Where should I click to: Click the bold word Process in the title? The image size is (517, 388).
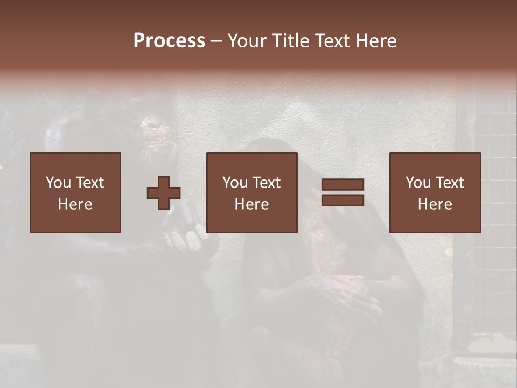pyautogui.click(x=169, y=41)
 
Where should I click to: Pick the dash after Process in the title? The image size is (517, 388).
pyautogui.click(x=216, y=41)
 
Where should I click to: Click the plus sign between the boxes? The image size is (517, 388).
pyautogui.click(x=164, y=193)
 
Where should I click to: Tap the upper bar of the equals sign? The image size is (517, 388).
pyautogui.click(x=343, y=184)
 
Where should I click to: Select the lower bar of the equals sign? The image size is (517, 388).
pyautogui.click(x=343, y=200)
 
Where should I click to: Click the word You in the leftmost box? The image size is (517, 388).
pyautogui.click(x=58, y=183)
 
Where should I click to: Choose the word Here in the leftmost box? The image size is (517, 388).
pyautogui.click(x=75, y=204)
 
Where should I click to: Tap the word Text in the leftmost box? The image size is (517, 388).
pyautogui.click(x=89, y=183)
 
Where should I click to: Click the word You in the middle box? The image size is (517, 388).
pyautogui.click(x=235, y=183)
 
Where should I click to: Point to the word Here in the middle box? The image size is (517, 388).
pyautogui.click(x=251, y=204)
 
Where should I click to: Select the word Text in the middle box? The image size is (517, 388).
pyautogui.click(x=266, y=183)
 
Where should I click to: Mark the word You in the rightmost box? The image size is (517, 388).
pyautogui.click(x=418, y=183)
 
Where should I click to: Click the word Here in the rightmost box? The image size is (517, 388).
pyautogui.click(x=435, y=204)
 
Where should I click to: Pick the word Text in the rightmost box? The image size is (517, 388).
pyautogui.click(x=449, y=183)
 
